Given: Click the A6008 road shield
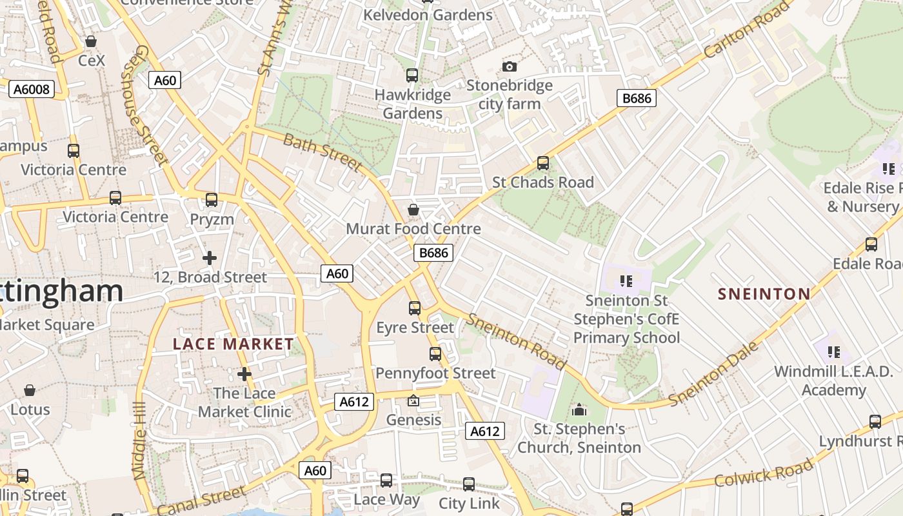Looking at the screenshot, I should point(32,89).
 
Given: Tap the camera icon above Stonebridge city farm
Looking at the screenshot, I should point(510,67).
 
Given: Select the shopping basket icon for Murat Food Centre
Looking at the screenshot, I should point(413,210).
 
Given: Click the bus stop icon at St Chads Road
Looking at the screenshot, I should point(543,163).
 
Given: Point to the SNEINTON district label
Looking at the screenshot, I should point(764,294).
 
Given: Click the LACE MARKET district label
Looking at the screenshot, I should point(233,344).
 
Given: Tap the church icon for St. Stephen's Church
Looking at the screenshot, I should point(579,410).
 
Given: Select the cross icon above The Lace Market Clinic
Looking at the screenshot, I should point(244,374).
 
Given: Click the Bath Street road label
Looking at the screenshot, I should point(322,153).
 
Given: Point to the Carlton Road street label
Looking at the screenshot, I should point(747,30).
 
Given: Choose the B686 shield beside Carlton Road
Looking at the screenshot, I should point(637,98).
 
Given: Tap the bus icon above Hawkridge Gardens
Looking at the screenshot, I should point(412,75).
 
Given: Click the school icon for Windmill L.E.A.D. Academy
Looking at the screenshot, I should point(834,352).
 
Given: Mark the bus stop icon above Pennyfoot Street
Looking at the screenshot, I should point(435,354).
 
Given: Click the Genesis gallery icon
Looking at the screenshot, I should point(413,401).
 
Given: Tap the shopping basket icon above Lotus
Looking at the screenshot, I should point(30,390).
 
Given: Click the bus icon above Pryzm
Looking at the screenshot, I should point(212,200).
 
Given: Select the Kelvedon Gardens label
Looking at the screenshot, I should point(428,15).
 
